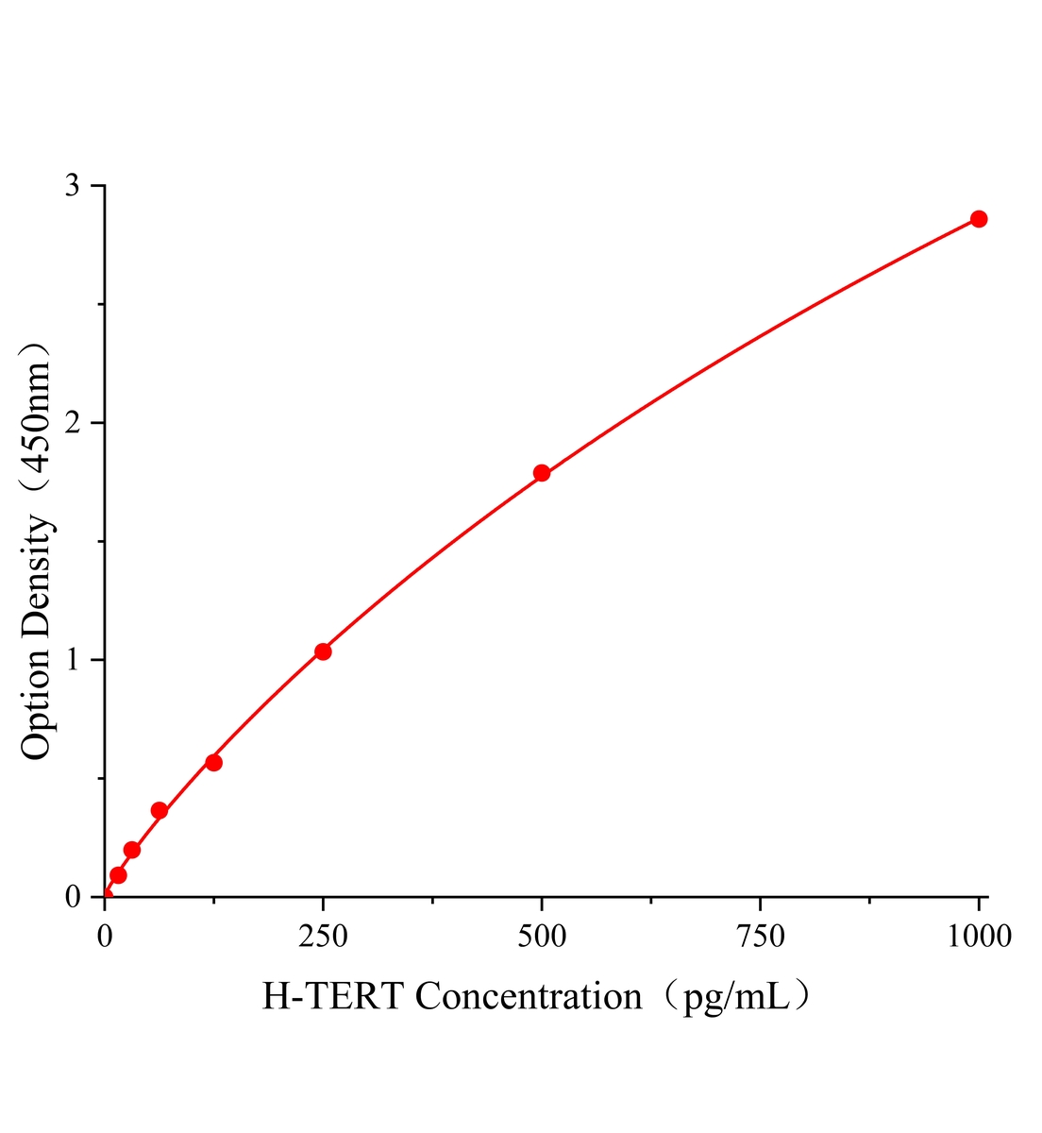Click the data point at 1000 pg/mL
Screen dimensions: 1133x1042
(x=979, y=219)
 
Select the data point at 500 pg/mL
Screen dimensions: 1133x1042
(x=542, y=473)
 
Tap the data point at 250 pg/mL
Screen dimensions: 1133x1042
(x=323, y=651)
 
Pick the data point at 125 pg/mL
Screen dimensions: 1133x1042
(x=213, y=762)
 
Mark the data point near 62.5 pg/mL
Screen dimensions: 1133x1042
(x=160, y=810)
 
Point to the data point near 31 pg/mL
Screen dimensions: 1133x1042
(x=132, y=850)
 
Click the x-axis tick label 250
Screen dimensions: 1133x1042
(x=323, y=936)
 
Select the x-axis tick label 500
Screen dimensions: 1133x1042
(x=542, y=936)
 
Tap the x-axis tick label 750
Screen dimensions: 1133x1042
(x=760, y=936)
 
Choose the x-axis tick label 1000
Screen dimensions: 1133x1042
(x=979, y=936)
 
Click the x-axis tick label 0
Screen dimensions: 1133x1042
(x=105, y=936)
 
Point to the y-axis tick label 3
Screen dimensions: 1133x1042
(x=73, y=186)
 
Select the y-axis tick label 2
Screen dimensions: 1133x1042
(x=73, y=423)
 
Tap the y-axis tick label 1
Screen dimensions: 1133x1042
(x=73, y=660)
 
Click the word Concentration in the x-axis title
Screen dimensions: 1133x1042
(x=529, y=996)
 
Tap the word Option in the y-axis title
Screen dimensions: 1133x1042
(x=36, y=699)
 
